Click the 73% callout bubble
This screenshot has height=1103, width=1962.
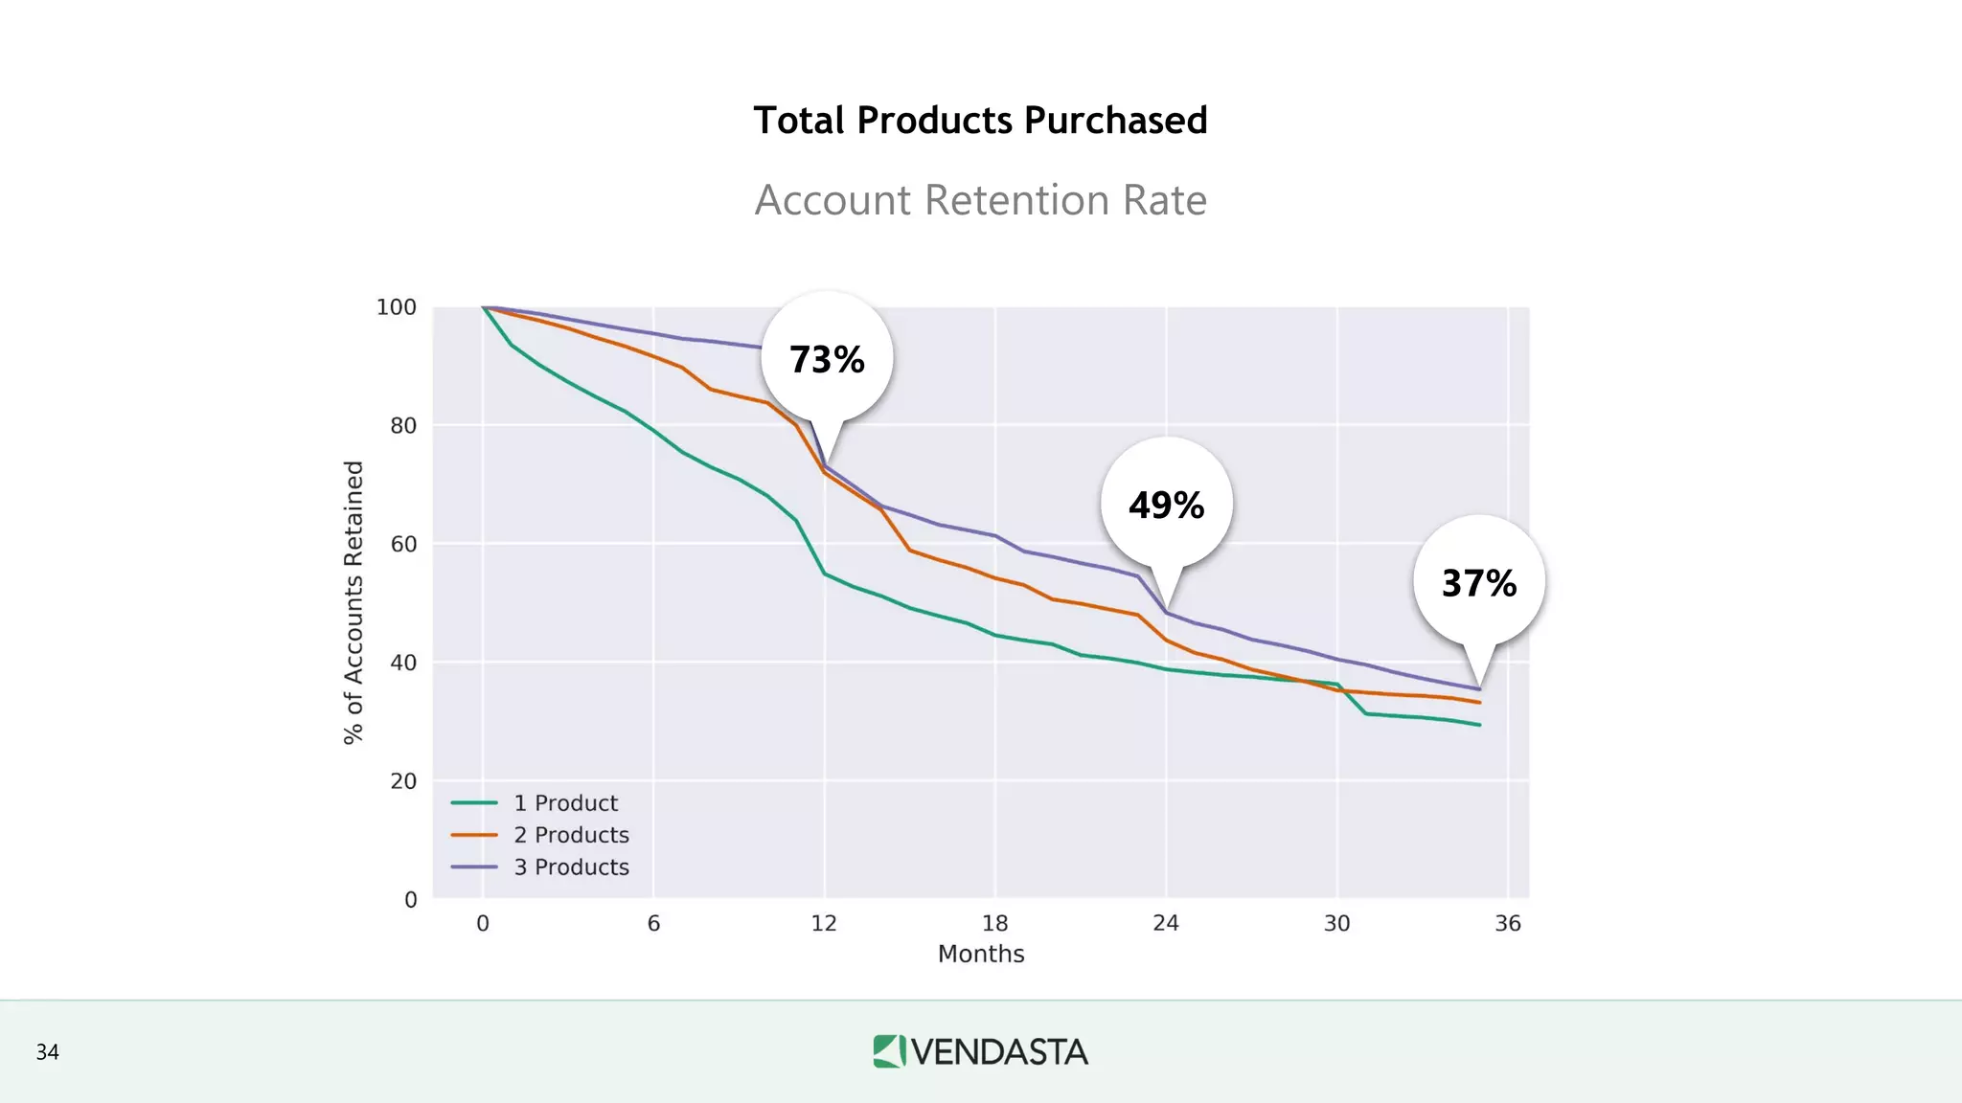pyautogui.click(x=827, y=359)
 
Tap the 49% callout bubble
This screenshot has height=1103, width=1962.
pyautogui.click(x=1166, y=505)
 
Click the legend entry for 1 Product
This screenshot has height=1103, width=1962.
pyautogui.click(x=565, y=803)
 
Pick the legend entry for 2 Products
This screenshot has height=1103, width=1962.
pyautogui.click(x=571, y=835)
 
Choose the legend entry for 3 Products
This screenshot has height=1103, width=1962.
pyautogui.click(x=571, y=867)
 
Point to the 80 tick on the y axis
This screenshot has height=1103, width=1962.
pyautogui.click(x=403, y=426)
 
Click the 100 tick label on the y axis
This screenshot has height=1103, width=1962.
pyautogui.click(x=397, y=307)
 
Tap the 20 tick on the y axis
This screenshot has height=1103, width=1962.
pyautogui.click(x=403, y=781)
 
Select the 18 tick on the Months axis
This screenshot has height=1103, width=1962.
pyautogui.click(x=995, y=924)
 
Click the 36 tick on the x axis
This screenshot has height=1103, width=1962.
pyautogui.click(x=1508, y=924)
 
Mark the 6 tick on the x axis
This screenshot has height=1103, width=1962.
pyautogui.click(x=653, y=924)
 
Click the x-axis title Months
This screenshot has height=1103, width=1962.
pyautogui.click(x=981, y=955)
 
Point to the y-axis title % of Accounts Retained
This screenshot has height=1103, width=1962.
pyautogui.click(x=354, y=602)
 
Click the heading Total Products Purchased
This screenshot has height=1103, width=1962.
pyautogui.click(x=980, y=121)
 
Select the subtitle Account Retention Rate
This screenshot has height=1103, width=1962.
pyautogui.click(x=980, y=200)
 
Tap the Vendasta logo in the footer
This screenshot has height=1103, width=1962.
pyautogui.click(x=980, y=1051)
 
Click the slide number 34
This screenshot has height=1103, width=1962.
pyautogui.click(x=48, y=1052)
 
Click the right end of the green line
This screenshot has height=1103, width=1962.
pyautogui.click(x=1479, y=725)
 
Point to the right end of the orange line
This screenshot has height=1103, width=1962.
pyautogui.click(x=1479, y=703)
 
